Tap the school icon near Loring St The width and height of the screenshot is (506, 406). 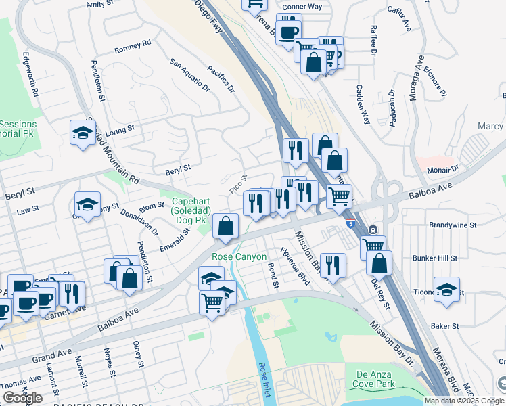coord(83,132)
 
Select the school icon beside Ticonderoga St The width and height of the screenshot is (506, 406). coord(446,289)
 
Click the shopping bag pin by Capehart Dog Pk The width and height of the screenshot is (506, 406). coord(226,226)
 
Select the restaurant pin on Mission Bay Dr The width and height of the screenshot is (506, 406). coord(332,265)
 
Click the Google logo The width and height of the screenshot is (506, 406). coord(22,398)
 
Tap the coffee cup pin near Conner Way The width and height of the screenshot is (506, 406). coord(289,32)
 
